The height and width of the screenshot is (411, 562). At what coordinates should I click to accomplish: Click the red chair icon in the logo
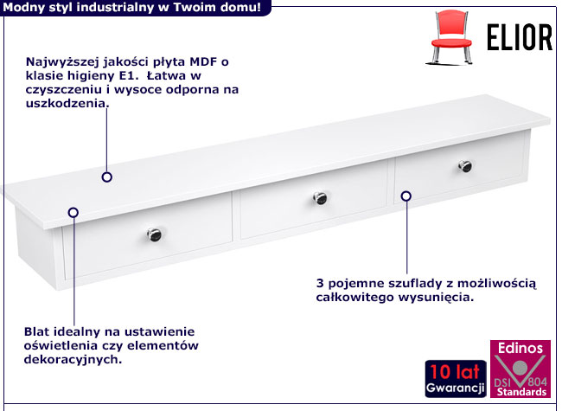pyautogui.click(x=450, y=37)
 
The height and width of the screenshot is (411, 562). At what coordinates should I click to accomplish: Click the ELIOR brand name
pyautogui.click(x=520, y=37)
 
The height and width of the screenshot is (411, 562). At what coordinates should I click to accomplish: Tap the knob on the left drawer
pyautogui.click(x=154, y=234)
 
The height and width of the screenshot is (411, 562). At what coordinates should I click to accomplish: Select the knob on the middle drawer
pyautogui.click(x=320, y=197)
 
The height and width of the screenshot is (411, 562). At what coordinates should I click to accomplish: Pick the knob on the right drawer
pyautogui.click(x=465, y=165)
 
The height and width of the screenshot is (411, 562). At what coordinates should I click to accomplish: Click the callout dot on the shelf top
pyautogui.click(x=107, y=177)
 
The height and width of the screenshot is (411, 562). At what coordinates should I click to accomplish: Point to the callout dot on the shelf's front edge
pyautogui.click(x=73, y=213)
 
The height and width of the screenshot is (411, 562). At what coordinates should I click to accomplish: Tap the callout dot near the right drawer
pyautogui.click(x=406, y=196)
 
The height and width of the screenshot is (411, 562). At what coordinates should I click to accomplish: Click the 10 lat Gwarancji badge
pyautogui.click(x=456, y=379)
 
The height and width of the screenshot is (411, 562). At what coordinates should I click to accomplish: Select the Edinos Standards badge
pyautogui.click(x=520, y=369)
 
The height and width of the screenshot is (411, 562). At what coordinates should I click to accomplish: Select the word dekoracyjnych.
pyautogui.click(x=73, y=359)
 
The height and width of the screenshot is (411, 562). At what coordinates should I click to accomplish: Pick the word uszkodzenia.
pyautogui.click(x=67, y=103)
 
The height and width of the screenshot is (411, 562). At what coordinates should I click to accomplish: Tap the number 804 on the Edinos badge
pyautogui.click(x=537, y=381)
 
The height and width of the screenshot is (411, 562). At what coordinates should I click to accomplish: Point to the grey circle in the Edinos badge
pyautogui.click(x=520, y=368)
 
